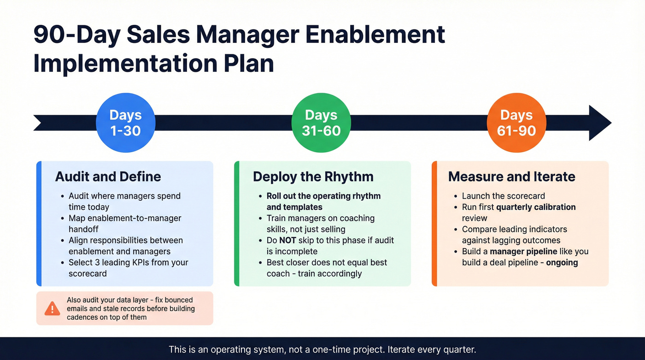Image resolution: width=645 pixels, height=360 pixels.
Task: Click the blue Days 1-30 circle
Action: point(125,123)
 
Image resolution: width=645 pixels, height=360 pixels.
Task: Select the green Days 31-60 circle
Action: point(321,123)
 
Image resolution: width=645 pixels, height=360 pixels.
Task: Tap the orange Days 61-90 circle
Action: point(516,123)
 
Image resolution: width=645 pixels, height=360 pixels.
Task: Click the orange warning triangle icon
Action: point(52,308)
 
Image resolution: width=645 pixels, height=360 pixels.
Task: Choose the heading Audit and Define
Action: point(108,177)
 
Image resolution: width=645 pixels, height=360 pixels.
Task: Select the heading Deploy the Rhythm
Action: point(313,177)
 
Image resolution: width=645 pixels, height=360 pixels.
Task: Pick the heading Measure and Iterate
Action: point(511,177)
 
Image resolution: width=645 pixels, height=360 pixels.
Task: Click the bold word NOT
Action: point(287,240)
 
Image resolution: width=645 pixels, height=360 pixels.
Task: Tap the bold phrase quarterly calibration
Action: point(536,207)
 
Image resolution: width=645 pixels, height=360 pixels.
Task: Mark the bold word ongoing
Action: point(562,262)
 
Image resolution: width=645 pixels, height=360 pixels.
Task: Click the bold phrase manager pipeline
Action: point(523,251)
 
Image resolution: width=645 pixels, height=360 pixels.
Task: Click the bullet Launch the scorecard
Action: point(503,196)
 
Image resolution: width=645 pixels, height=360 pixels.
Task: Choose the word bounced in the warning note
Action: point(177,300)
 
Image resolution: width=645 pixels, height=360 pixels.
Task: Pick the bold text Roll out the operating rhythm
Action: point(323,196)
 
